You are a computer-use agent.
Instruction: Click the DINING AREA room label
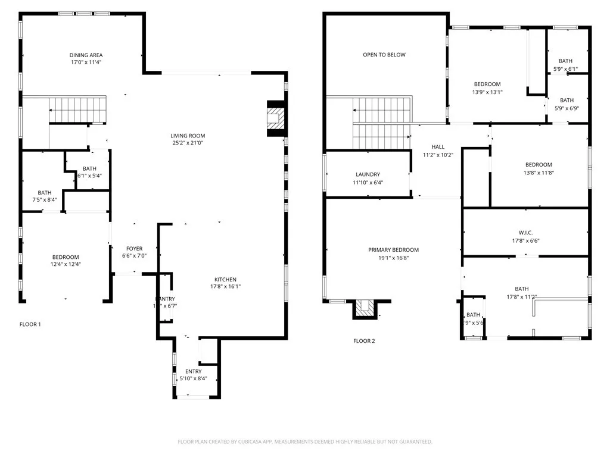[86, 55]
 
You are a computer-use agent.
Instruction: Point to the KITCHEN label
[226, 280]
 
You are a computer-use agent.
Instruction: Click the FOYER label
[134, 249]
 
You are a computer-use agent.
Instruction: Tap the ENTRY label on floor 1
[194, 371]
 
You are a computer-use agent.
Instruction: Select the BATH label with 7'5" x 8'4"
[45, 193]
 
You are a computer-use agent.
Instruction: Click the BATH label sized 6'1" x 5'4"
[89, 168]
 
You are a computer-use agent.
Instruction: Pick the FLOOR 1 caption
[30, 324]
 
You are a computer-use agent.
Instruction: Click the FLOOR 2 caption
[364, 341]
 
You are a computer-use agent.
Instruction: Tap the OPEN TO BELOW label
[384, 55]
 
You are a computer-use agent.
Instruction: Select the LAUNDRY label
[368, 174]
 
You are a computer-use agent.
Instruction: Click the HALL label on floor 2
[438, 147]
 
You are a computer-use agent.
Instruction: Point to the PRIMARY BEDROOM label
[393, 250]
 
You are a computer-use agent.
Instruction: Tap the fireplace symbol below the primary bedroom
[365, 308]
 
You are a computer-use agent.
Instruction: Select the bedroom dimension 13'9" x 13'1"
[487, 92]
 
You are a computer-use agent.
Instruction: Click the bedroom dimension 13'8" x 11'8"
[539, 173]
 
